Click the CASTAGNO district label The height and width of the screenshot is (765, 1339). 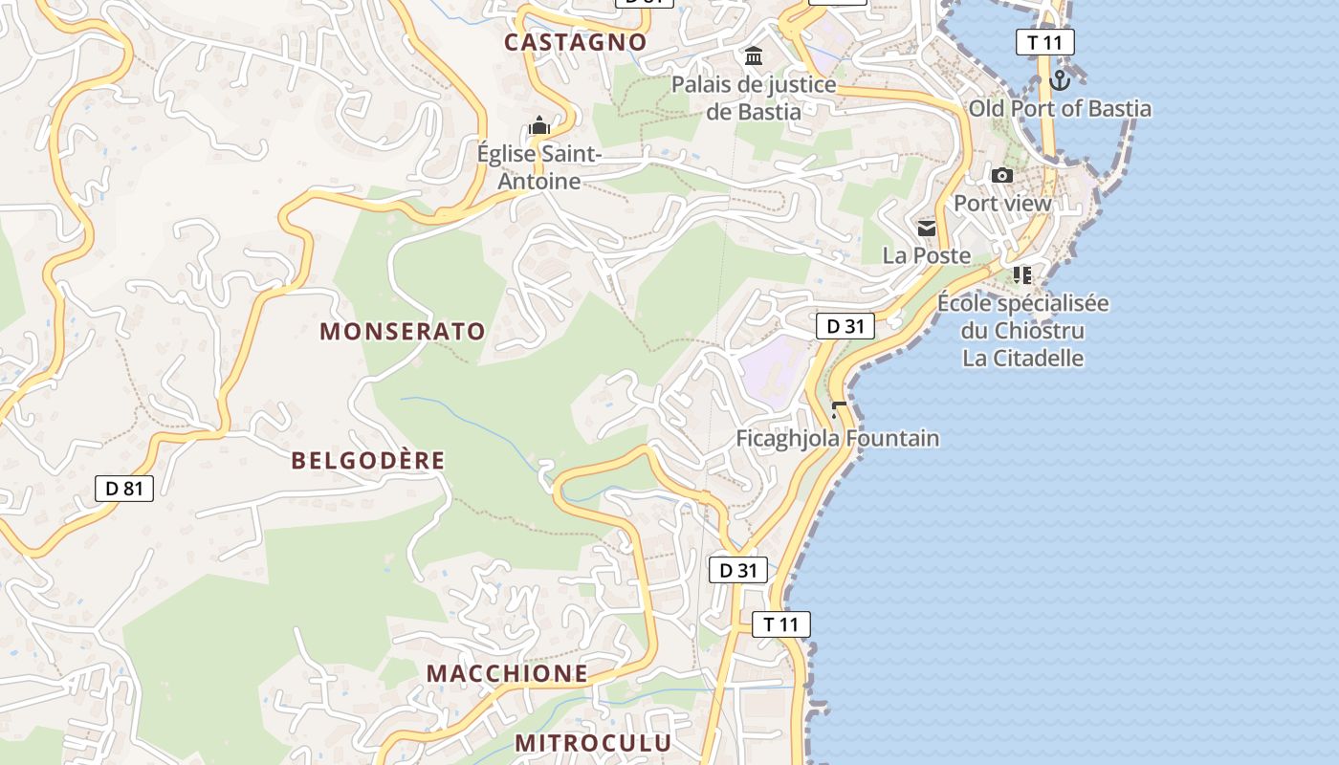tap(576, 42)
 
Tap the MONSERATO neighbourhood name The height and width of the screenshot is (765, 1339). tap(403, 332)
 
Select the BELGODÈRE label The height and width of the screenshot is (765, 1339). tap(368, 461)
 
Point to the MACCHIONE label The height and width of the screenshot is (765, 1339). tap(507, 673)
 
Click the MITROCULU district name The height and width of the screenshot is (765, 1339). tap(593, 743)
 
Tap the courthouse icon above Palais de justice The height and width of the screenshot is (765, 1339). tap(754, 56)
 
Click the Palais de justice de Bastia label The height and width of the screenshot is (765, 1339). tap(754, 98)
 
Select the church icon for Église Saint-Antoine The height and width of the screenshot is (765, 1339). tap(539, 126)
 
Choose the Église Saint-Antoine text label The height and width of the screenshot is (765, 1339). tap(539, 167)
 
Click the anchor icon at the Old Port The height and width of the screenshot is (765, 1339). tap(1059, 79)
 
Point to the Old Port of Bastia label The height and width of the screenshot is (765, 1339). tap(1060, 108)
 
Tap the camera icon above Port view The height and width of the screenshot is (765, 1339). tap(1002, 175)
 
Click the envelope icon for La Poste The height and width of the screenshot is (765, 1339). tap(927, 229)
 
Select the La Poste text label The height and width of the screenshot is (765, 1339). tap(926, 255)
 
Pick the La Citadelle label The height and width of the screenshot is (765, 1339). tap(1022, 359)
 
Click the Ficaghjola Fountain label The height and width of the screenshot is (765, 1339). tap(837, 439)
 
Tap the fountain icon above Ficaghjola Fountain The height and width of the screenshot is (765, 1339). tap(839, 410)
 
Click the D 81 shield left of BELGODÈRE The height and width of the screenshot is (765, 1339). tap(124, 489)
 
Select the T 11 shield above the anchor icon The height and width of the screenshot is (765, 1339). tap(1045, 42)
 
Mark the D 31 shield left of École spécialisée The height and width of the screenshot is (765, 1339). tap(845, 326)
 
